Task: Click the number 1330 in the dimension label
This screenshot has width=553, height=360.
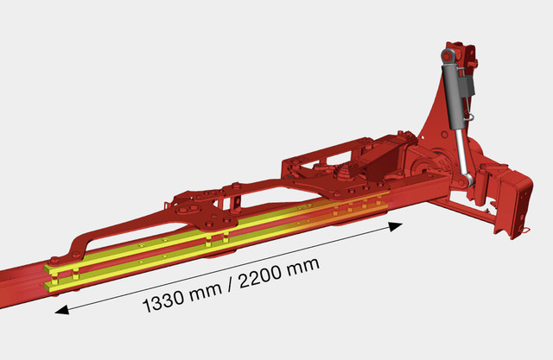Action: pyautogui.click(x=163, y=301)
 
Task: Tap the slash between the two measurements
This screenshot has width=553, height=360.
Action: pyautogui.click(x=231, y=285)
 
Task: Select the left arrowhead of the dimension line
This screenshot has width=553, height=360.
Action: pyautogui.click(x=62, y=310)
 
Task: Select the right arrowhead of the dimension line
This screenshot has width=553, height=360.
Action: pyautogui.click(x=396, y=226)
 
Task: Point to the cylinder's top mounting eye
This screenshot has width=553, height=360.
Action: pyautogui.click(x=448, y=55)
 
